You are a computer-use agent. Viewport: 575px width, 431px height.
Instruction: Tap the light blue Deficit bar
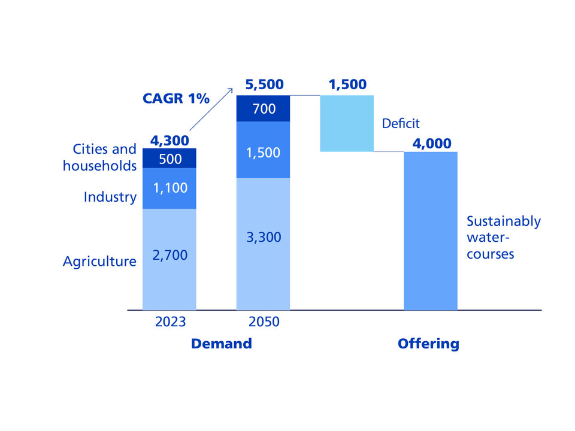pyautogui.click(x=347, y=123)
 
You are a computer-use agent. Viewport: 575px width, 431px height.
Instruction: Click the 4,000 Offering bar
pyautogui.click(x=431, y=230)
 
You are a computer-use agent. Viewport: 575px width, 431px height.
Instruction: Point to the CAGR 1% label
pyautogui.click(x=176, y=99)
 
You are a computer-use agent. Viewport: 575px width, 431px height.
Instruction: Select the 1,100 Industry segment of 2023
pyautogui.click(x=170, y=188)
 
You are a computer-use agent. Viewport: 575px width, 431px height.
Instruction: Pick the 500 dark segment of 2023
pyautogui.click(x=170, y=158)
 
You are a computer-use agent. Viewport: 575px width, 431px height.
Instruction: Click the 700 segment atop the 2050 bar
pyautogui.click(x=263, y=109)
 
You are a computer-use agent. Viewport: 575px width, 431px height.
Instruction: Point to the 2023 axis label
pyautogui.click(x=170, y=322)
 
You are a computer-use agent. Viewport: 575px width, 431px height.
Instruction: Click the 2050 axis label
pyautogui.click(x=264, y=322)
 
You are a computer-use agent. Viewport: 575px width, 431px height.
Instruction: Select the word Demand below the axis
pyautogui.click(x=221, y=344)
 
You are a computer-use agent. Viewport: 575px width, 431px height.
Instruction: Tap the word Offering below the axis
pyautogui.click(x=428, y=344)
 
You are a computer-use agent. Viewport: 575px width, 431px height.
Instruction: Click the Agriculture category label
pyautogui.click(x=99, y=262)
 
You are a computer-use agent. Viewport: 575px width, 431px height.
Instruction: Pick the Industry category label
pyautogui.click(x=110, y=197)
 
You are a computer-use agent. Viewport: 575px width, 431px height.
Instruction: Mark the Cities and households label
pyautogui.click(x=100, y=157)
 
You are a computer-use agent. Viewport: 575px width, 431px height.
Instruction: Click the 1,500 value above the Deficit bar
pyautogui.click(x=347, y=84)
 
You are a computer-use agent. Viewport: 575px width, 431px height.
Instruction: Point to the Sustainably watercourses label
pyautogui.click(x=503, y=237)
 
